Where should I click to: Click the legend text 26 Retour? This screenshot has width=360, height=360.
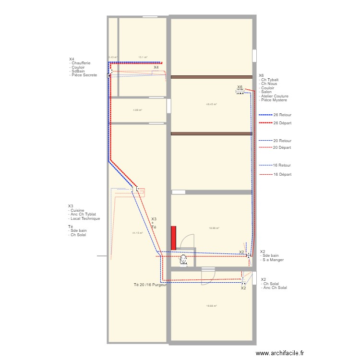click(282, 115)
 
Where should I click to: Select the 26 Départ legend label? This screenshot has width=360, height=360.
click(282, 123)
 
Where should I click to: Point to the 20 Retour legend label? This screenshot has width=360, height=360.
click(282, 141)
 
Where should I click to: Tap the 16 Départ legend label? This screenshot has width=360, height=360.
click(282, 175)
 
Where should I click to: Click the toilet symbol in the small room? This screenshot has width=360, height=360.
click(183, 260)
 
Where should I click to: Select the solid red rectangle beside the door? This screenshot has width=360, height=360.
click(174, 238)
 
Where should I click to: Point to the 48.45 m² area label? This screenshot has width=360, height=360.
click(211, 104)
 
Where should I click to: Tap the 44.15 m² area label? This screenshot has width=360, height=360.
click(138, 233)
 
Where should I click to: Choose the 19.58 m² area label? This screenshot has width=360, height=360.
click(211, 306)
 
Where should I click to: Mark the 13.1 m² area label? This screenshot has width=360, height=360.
click(143, 57)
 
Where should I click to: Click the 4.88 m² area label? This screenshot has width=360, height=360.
click(137, 110)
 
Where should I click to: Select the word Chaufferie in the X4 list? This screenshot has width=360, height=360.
click(81, 63)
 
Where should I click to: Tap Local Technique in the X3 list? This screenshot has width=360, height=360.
click(85, 218)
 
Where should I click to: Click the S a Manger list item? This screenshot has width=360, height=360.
click(274, 260)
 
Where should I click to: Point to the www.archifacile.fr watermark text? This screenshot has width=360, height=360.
click(280, 353)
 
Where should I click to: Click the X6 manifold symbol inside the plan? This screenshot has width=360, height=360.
click(240, 92)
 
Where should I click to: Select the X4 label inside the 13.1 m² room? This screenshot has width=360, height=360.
click(156, 68)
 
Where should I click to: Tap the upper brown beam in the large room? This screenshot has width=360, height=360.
click(212, 77)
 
